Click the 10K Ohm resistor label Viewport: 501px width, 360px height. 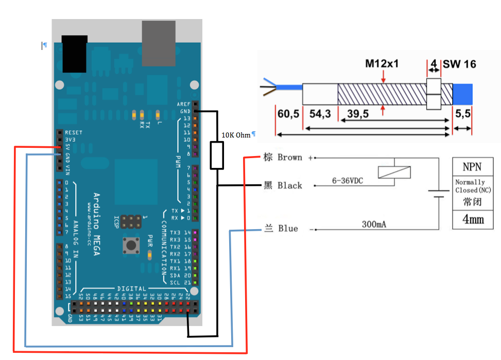coord(236,135)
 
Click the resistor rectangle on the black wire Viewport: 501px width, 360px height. coord(217,156)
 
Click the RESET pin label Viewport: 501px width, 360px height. coord(74,132)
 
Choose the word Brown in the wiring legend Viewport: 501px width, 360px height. coord(289,157)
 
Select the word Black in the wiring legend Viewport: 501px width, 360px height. coord(289,185)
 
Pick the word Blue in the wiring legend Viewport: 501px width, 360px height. coord(288,228)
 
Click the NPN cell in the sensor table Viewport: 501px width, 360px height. coord(473,167)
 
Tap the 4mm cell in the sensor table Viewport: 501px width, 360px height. coord(473,219)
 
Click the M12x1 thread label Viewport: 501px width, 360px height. coord(382,64)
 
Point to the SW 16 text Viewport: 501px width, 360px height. coord(459,64)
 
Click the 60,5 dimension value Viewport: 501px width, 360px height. coord(288,114)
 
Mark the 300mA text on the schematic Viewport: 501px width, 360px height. coord(374,225)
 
